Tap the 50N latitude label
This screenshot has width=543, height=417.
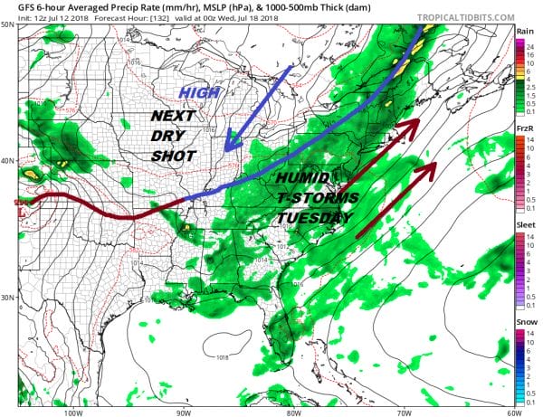(7, 24)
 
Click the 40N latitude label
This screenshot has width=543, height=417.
(7, 160)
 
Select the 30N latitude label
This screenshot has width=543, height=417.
(7, 298)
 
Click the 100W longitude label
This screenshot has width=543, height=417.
(73, 412)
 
